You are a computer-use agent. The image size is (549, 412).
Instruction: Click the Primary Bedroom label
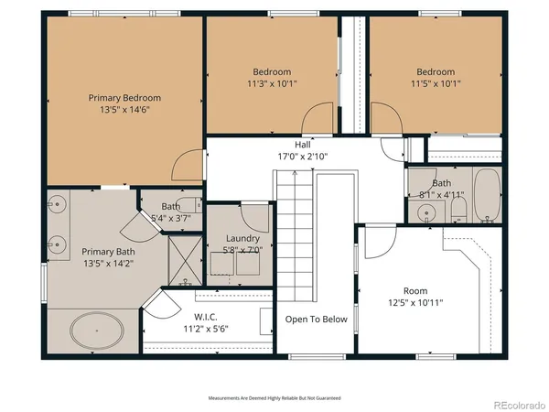click(x=124, y=98)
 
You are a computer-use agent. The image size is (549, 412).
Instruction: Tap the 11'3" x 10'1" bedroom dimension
click(x=272, y=83)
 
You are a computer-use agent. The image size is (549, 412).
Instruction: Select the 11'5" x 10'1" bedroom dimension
click(x=436, y=83)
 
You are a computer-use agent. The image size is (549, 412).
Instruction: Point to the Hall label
click(x=303, y=145)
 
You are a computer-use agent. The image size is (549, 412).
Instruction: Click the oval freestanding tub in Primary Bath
click(x=97, y=331)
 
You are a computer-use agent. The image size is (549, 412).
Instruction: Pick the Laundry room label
click(x=242, y=239)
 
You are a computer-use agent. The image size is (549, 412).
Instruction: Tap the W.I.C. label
click(x=206, y=317)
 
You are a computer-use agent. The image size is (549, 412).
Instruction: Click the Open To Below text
click(x=317, y=320)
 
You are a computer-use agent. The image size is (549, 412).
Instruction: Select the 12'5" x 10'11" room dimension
click(x=415, y=303)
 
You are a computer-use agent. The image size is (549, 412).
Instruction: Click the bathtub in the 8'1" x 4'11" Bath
click(x=487, y=195)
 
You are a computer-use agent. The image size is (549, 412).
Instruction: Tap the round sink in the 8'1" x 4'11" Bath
click(x=426, y=212)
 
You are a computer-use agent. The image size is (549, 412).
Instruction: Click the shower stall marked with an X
click(x=185, y=260)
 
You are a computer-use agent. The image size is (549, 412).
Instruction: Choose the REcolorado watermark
click(x=520, y=406)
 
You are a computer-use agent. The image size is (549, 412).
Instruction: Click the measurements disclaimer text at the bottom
click(x=274, y=398)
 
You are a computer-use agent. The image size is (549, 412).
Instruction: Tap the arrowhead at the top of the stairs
click(x=295, y=172)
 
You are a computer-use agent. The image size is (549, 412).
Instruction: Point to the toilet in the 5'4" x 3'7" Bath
click(x=193, y=205)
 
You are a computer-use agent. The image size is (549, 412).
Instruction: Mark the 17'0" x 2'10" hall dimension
click(x=303, y=157)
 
